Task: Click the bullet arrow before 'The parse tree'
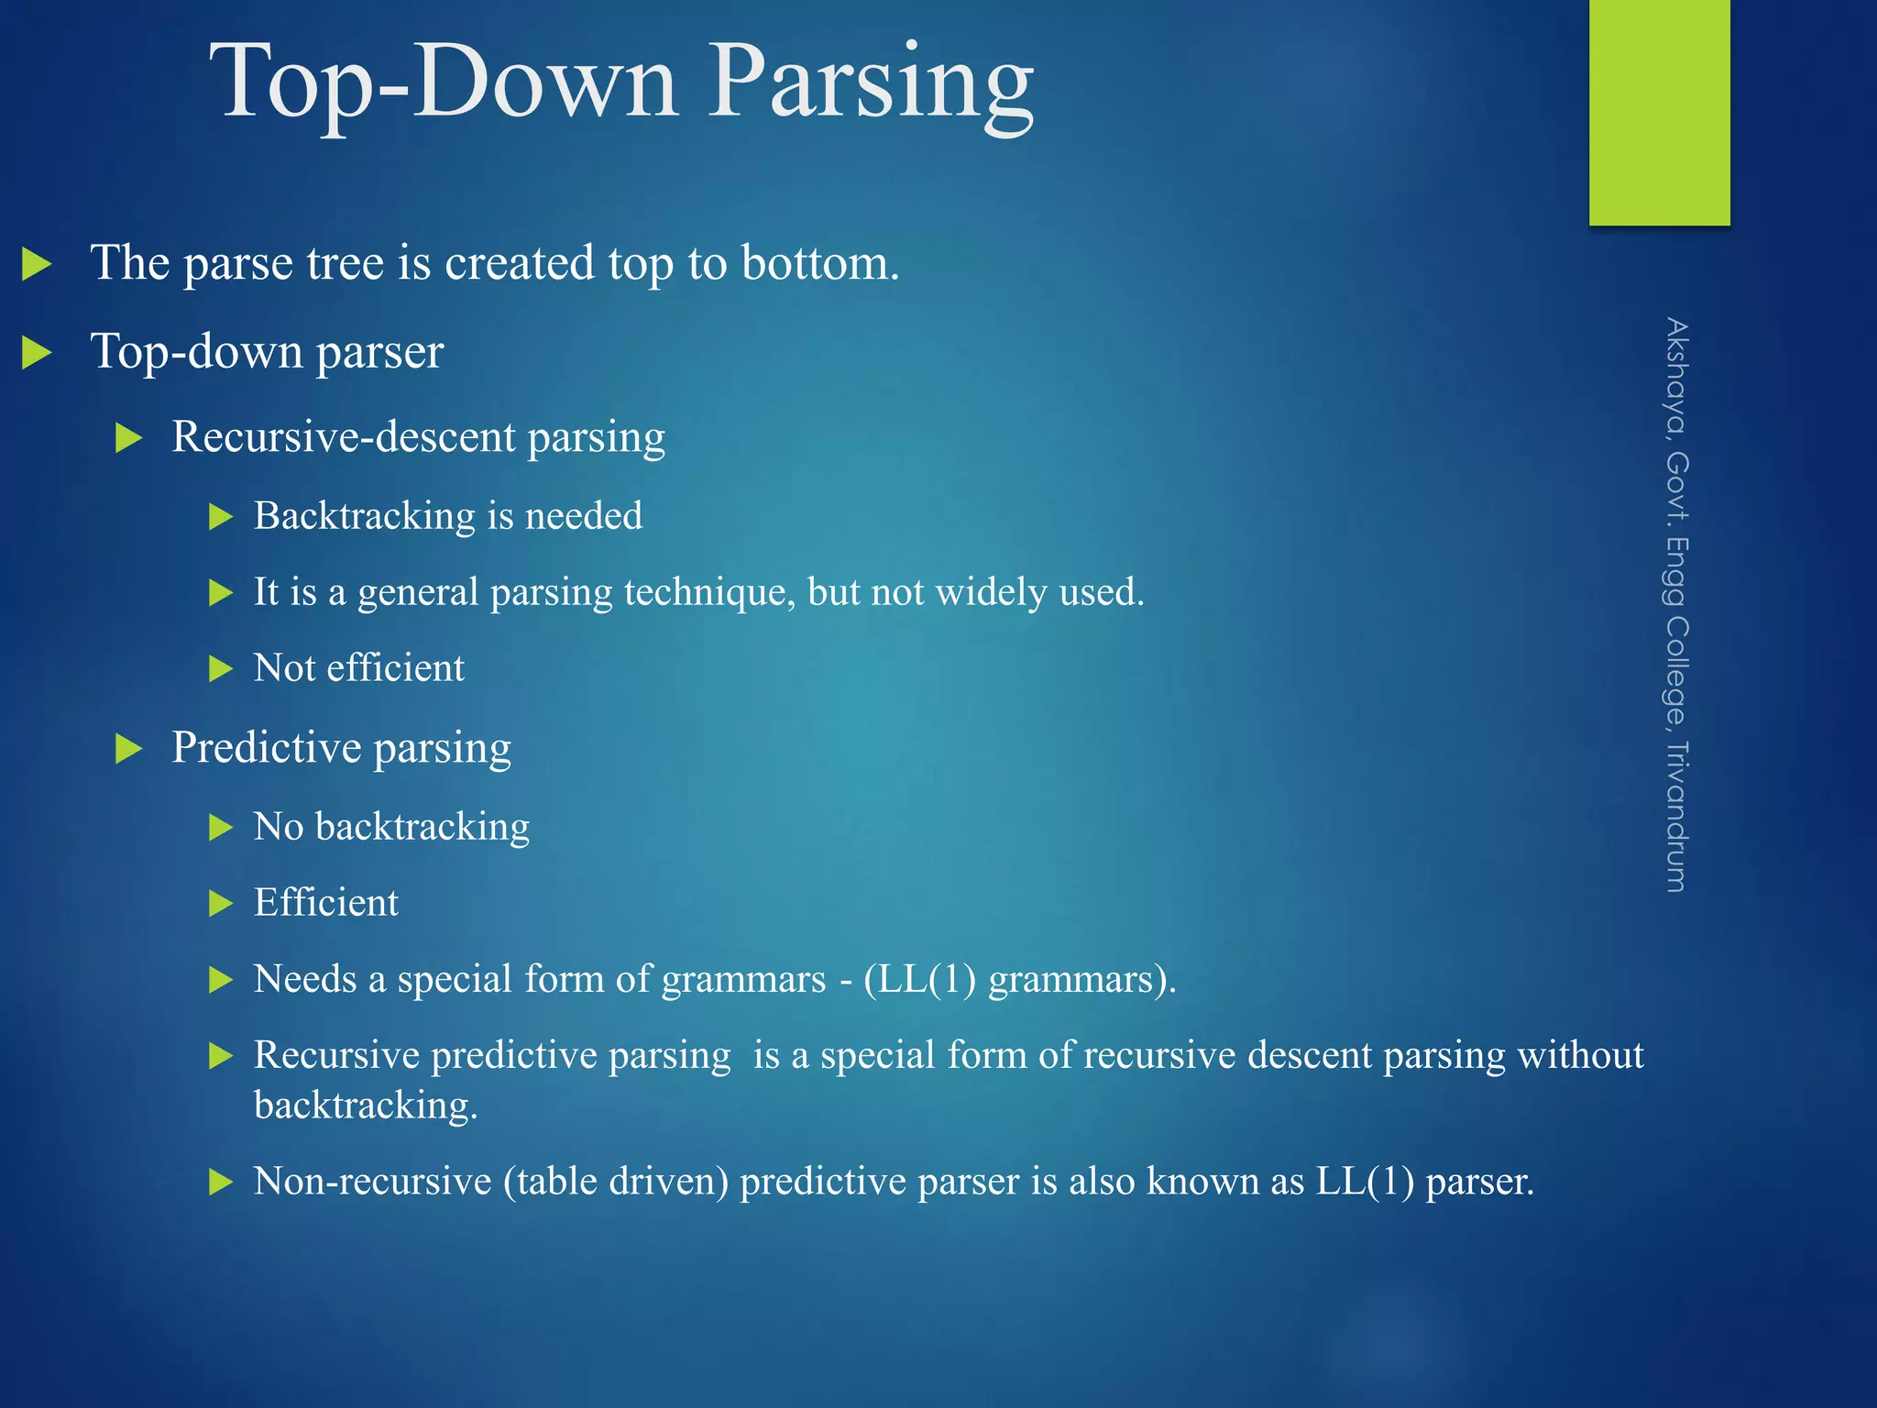click(37, 265)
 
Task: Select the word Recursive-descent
click(344, 436)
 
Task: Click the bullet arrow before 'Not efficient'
click(221, 669)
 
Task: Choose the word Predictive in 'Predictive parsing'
click(266, 747)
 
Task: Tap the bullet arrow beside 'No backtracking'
click(221, 828)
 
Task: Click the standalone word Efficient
click(326, 903)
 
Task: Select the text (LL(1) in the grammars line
click(919, 979)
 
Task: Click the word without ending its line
click(1580, 1055)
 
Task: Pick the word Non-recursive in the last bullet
click(372, 1182)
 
